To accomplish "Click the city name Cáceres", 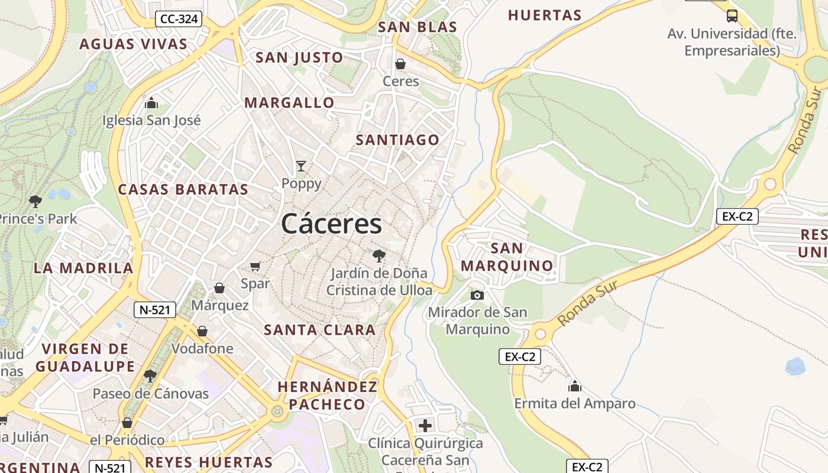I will click(331, 224).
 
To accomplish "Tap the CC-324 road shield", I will click(179, 19).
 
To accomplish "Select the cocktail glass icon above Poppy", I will click(301, 166).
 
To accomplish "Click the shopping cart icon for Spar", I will click(255, 267).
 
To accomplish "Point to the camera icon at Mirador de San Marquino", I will click(477, 295).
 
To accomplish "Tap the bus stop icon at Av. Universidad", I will click(732, 16).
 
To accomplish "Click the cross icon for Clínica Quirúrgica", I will click(425, 426).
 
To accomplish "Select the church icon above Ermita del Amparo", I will click(574, 387).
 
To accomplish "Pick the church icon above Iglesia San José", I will click(151, 103).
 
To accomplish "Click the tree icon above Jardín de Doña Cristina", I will click(379, 256).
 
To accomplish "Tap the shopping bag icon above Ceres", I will click(400, 64).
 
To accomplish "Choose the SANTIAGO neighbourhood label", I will click(397, 140).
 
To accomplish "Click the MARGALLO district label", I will click(289, 103).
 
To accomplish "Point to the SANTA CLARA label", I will click(319, 330).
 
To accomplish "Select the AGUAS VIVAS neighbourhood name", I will click(133, 44).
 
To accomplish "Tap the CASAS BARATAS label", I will click(183, 190).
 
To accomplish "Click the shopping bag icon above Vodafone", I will click(202, 331).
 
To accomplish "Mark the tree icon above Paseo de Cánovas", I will click(150, 375).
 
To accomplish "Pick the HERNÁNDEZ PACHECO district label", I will click(327, 396).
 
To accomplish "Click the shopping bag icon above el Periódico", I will click(127, 423).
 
